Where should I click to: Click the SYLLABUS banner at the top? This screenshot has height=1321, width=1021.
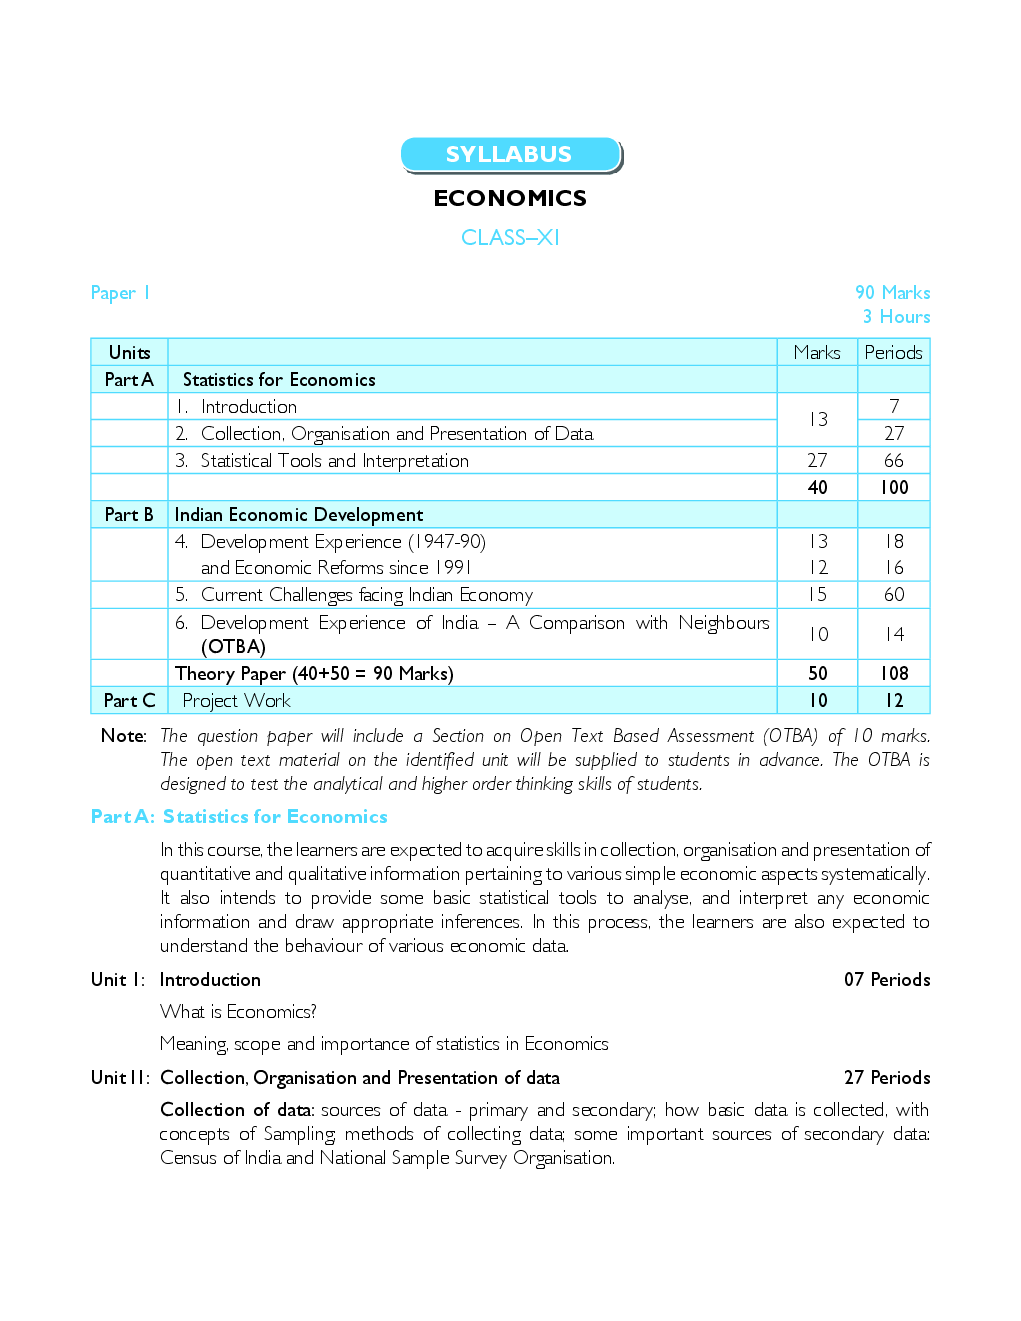point(510,155)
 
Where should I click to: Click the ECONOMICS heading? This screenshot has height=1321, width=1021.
point(510,198)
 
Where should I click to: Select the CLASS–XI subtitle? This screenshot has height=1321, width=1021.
point(510,237)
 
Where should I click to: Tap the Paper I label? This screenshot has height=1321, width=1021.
point(120,293)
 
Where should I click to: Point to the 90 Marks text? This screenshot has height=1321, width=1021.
point(892,293)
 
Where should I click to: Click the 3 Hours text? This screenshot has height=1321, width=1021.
point(896,317)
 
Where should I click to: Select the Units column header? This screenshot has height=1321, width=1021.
point(130,352)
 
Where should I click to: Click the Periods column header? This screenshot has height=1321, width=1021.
point(893,352)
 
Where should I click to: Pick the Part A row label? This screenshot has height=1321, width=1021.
point(129,380)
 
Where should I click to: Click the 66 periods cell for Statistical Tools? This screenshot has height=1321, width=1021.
point(893,460)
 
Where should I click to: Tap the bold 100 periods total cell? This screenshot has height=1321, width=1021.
point(894,487)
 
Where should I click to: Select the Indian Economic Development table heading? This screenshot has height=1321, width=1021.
point(299,515)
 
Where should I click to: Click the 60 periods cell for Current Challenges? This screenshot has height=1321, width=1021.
point(894,594)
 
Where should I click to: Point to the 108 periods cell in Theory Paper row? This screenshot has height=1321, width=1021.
point(894,674)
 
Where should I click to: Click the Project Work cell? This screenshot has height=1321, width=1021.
point(237,701)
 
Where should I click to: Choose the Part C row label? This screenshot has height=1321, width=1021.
point(129,701)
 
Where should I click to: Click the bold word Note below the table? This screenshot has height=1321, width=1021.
point(123,736)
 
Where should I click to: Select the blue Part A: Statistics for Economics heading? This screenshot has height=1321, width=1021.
point(239,817)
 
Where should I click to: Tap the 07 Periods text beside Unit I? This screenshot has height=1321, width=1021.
point(887,980)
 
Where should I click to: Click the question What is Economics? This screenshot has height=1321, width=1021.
point(238,1012)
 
